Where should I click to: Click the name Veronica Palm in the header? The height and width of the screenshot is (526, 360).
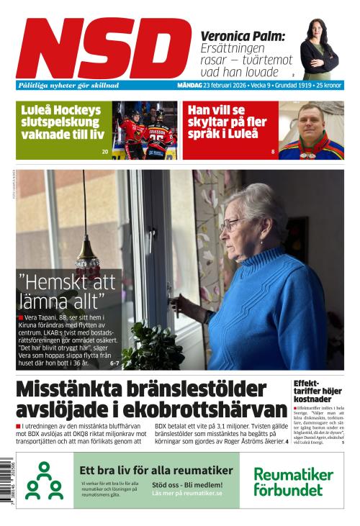243,36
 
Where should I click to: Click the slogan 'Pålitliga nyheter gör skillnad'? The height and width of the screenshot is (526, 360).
69,85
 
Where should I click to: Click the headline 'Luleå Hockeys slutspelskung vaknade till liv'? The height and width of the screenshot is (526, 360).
60,122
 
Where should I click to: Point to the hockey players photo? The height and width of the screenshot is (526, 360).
147,130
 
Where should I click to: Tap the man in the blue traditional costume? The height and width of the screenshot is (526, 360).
311,133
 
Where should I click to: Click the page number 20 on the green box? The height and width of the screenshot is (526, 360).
105,152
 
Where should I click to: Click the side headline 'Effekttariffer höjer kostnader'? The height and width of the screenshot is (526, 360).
313,391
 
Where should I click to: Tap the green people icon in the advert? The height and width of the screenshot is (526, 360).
44,481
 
